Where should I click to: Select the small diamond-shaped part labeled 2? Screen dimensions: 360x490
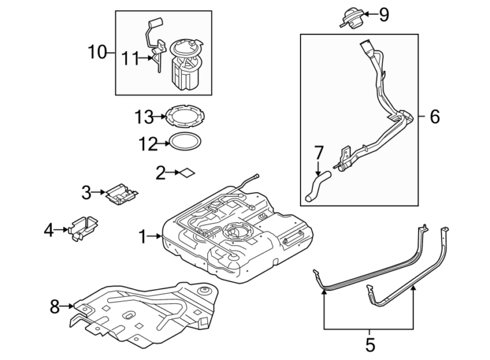tap(186, 172)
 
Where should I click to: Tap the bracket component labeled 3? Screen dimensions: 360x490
tap(122, 193)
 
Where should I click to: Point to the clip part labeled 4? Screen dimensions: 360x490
tap(83, 229)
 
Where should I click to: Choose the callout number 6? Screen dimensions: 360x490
tap(434, 117)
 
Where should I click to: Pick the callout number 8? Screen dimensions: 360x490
tap(55, 307)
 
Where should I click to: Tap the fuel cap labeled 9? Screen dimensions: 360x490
tap(350, 16)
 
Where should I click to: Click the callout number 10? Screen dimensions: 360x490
tap(97, 52)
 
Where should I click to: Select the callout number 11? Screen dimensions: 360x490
tap(130, 58)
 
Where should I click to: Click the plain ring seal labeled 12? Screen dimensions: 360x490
tap(185, 143)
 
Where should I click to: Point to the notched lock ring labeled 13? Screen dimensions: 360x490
tap(184, 117)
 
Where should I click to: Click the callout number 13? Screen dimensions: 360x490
tap(144, 117)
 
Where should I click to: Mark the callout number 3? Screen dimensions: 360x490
tap(85, 191)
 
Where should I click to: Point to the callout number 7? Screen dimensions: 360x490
tap(319, 153)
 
